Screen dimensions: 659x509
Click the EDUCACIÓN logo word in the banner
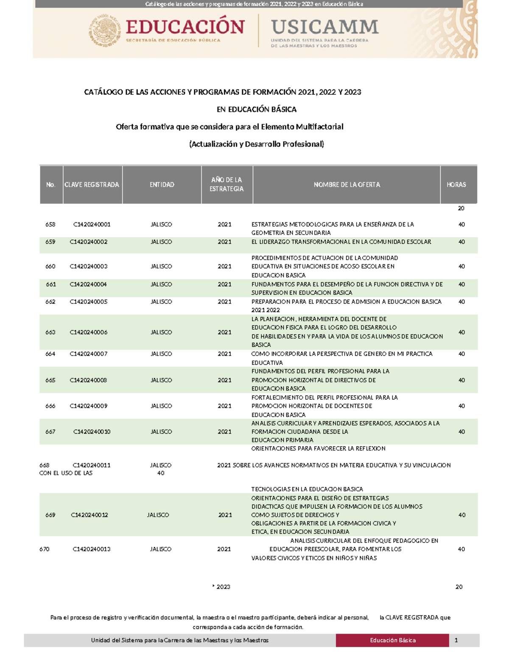[185, 27]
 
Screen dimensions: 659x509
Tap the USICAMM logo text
[324, 27]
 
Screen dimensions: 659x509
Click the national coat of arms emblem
[104, 31]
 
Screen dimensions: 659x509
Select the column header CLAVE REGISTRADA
[92, 185]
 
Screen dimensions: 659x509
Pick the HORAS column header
[456, 185]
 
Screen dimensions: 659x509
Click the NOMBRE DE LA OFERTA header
[347, 185]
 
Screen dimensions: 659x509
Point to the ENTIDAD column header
[162, 185]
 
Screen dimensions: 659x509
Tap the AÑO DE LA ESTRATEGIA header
[227, 185]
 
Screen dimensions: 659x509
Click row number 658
[50, 224]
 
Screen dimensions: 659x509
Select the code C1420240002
[89, 242]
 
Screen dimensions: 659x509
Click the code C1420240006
[89, 332]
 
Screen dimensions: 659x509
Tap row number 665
[50, 380]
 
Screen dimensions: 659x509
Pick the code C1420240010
[92, 432]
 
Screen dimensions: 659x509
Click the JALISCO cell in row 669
[158, 515]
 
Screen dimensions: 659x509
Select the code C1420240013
[92, 549]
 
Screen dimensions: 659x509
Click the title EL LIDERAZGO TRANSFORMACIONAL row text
[341, 242]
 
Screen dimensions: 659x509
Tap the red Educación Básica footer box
[392, 640]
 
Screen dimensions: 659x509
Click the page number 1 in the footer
[456, 640]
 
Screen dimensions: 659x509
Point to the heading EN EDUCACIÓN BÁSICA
[256, 109]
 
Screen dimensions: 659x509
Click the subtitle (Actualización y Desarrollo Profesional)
[256, 144]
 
